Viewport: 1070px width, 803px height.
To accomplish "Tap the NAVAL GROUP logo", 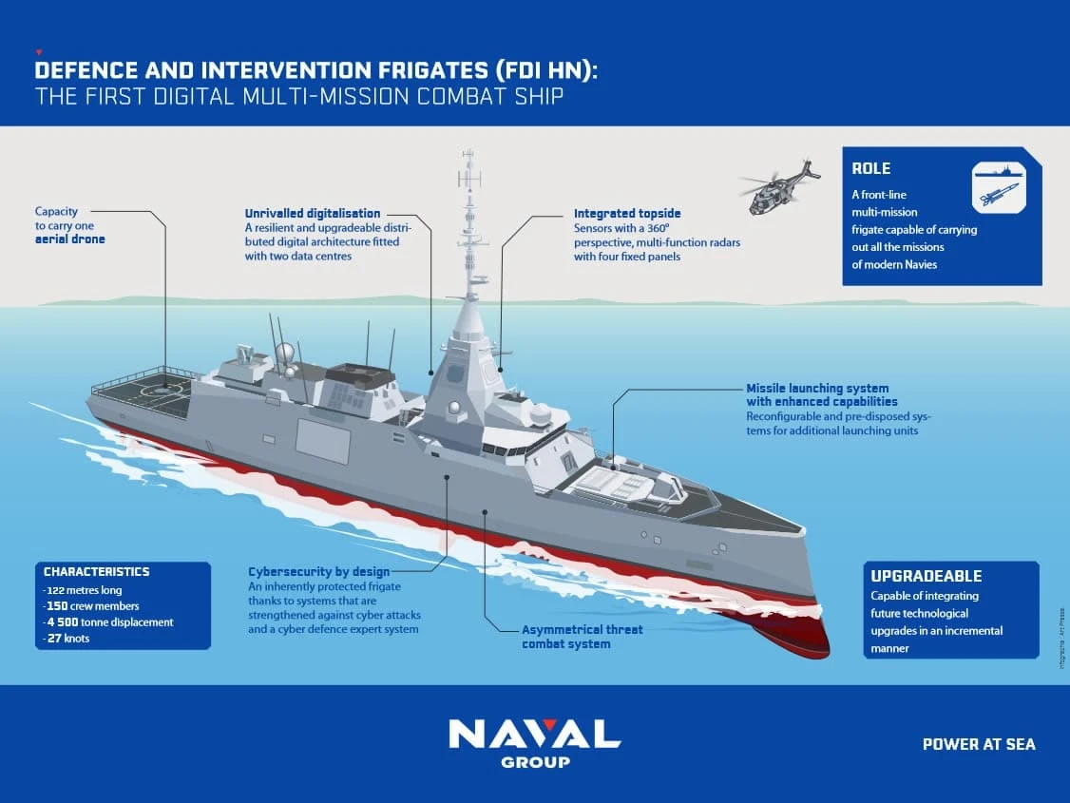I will tap(534, 742).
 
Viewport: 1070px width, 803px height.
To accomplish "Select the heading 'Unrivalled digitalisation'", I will tap(313, 214).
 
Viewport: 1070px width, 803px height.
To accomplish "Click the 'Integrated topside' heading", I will tap(627, 214).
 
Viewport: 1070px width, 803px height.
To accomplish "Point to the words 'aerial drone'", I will tap(70, 239).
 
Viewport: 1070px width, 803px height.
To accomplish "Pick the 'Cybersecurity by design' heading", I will tap(318, 572).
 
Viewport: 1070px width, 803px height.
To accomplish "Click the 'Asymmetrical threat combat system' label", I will tap(582, 637).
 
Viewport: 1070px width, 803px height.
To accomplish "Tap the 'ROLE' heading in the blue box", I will tap(870, 169).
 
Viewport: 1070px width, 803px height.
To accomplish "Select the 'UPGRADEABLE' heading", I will tap(927, 576).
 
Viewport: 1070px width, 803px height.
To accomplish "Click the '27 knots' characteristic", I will tap(67, 639).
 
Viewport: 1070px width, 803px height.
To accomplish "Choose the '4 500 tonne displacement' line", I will tap(108, 622).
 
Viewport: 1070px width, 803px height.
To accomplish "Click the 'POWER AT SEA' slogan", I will tap(979, 744).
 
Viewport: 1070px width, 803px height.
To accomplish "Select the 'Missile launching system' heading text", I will tap(817, 388).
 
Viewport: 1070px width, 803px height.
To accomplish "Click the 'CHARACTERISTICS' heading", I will tap(96, 572).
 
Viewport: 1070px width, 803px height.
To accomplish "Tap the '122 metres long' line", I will tap(85, 589).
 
